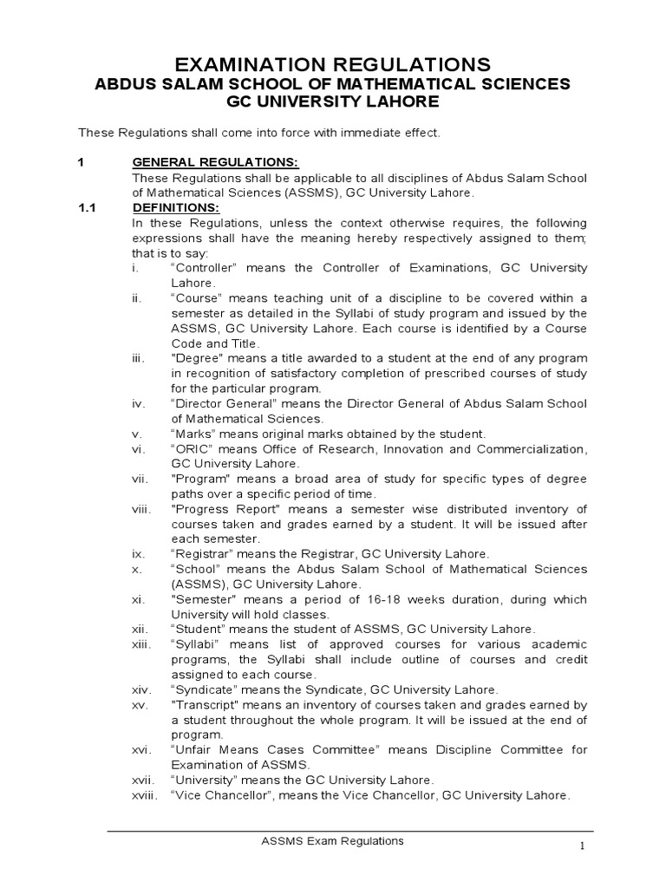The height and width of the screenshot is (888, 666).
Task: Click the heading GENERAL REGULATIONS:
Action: [x=214, y=162]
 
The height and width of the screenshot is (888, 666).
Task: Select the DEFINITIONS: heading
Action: [x=176, y=208]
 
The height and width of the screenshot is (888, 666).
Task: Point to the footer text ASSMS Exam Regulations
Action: [x=333, y=840]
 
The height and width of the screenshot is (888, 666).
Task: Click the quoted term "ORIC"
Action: [x=192, y=448]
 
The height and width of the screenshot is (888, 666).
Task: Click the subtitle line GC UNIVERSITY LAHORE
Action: [x=333, y=101]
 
